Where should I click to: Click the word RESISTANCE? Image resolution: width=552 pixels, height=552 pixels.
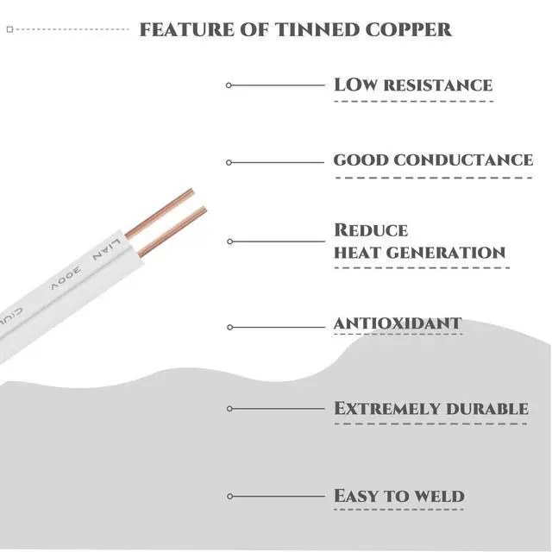pyautogui.click(x=437, y=85)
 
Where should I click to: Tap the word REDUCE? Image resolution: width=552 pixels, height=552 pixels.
pyautogui.click(x=371, y=231)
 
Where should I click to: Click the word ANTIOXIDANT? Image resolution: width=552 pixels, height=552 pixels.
pyautogui.click(x=398, y=323)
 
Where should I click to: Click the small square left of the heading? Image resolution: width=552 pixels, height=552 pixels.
pyautogui.click(x=9, y=29)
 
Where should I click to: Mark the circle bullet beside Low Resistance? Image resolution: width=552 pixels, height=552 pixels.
pyautogui.click(x=229, y=85)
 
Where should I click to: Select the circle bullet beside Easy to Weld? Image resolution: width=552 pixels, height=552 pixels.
pyautogui.click(x=229, y=496)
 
